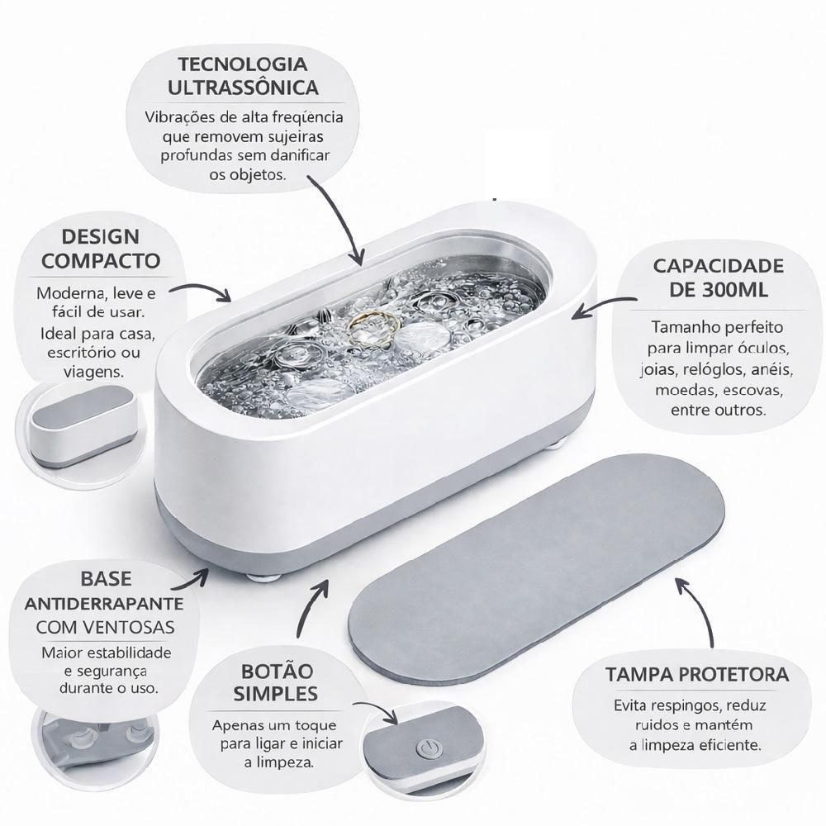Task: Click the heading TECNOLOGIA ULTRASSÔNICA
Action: pos(244,76)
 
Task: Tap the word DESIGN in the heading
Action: pos(100,237)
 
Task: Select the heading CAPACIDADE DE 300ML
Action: pos(718,278)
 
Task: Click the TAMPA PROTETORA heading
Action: pos(697,675)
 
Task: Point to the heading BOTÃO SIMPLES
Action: pos(276,682)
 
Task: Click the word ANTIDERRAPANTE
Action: pos(104,604)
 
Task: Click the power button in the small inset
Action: pos(427,748)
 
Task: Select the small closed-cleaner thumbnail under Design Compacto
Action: pos(83,427)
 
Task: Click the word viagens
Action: pos(94,372)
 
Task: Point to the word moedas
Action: pos(685,390)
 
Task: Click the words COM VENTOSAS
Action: pos(106,628)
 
